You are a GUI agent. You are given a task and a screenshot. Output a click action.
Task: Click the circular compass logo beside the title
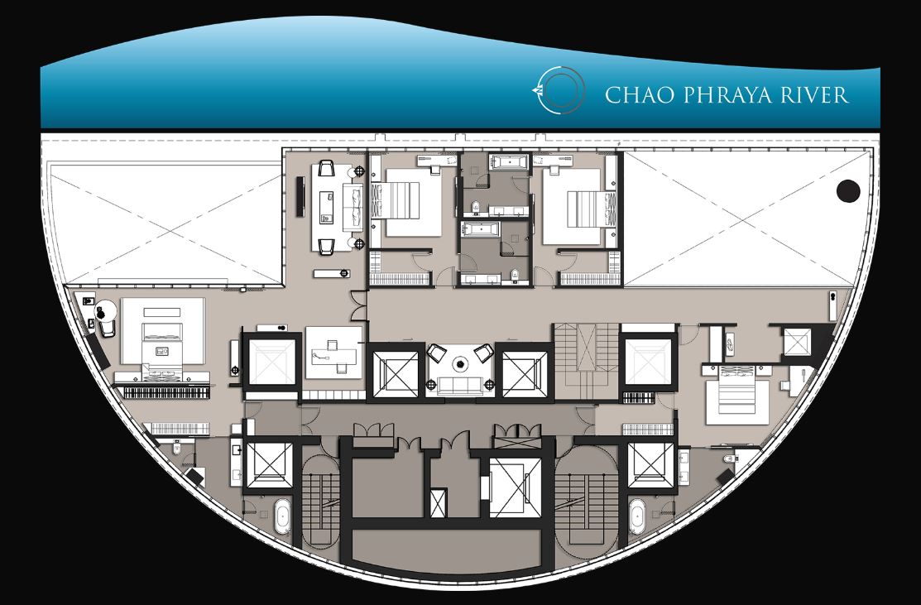[559, 90]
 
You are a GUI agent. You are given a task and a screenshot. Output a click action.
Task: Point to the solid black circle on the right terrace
[848, 191]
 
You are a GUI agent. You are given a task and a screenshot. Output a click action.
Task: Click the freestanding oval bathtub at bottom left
[283, 516]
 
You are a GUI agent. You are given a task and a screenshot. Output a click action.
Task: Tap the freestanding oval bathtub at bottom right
[637, 516]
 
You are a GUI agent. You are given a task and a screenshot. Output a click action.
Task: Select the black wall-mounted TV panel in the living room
[300, 197]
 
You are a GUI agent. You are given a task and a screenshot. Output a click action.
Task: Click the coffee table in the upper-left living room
[327, 208]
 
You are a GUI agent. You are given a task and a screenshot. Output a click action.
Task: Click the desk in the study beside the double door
[333, 355]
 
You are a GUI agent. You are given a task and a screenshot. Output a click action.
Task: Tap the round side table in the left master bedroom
[106, 310]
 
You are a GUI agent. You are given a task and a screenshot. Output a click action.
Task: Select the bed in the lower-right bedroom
[737, 392]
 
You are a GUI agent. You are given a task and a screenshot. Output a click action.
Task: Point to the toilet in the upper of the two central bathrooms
[476, 206]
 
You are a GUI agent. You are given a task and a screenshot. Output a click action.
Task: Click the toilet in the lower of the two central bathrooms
[516, 273]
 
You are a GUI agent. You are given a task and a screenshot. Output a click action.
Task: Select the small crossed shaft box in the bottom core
[439, 503]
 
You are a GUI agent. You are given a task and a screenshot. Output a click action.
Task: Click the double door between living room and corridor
[358, 306]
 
